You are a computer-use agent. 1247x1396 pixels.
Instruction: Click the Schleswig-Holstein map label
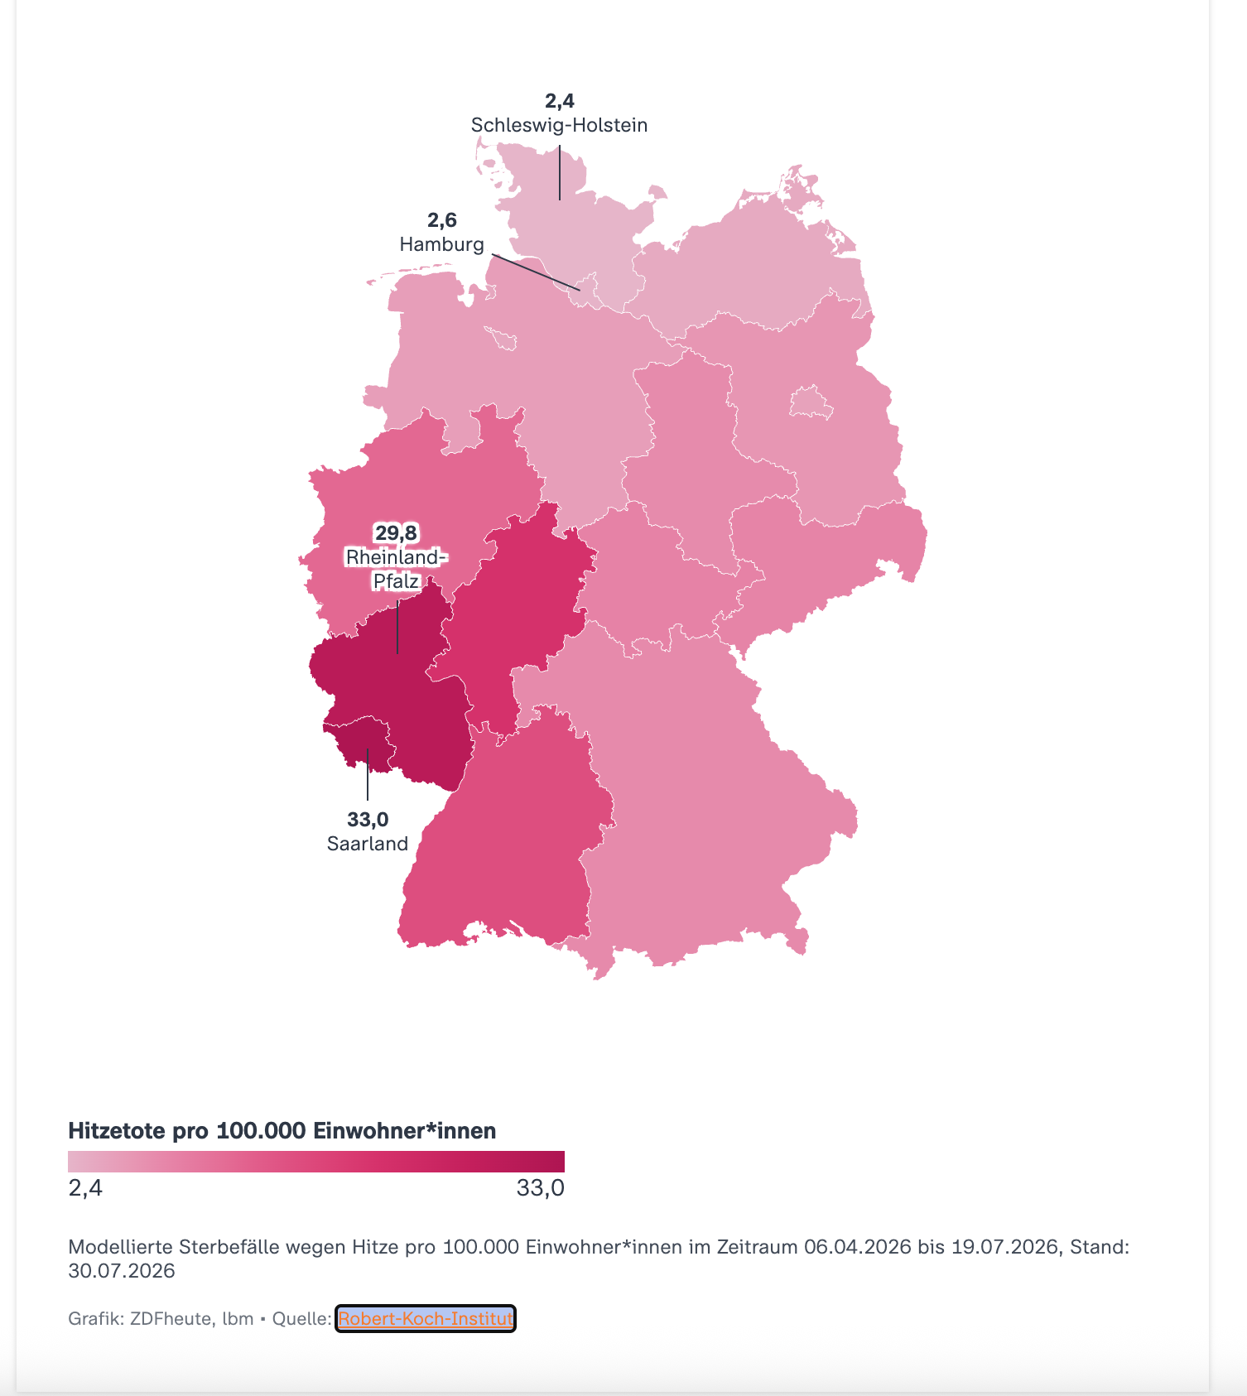point(559,125)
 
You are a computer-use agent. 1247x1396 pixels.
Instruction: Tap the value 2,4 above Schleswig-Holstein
point(559,101)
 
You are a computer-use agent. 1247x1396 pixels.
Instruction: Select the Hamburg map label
point(441,244)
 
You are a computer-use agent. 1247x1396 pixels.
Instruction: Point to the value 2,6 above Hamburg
point(441,220)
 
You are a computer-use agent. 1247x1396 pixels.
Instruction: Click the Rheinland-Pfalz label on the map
point(396,569)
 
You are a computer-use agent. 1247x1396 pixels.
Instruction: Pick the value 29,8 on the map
point(396,532)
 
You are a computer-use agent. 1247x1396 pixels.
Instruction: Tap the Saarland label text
point(368,844)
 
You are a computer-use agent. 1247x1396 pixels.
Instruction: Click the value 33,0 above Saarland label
point(368,820)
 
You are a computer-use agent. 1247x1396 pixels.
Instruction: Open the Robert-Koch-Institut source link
point(426,1318)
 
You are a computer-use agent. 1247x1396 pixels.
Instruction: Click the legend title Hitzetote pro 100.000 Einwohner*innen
point(282,1131)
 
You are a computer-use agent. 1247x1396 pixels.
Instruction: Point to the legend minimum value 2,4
point(85,1188)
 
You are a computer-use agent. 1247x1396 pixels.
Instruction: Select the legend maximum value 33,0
point(540,1188)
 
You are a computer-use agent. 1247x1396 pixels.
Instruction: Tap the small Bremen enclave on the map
point(503,338)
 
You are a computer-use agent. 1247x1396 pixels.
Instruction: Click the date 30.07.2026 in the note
point(122,1271)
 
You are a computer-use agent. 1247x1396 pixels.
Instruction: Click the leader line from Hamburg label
point(536,272)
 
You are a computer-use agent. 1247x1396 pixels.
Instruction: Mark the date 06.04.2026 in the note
point(858,1247)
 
